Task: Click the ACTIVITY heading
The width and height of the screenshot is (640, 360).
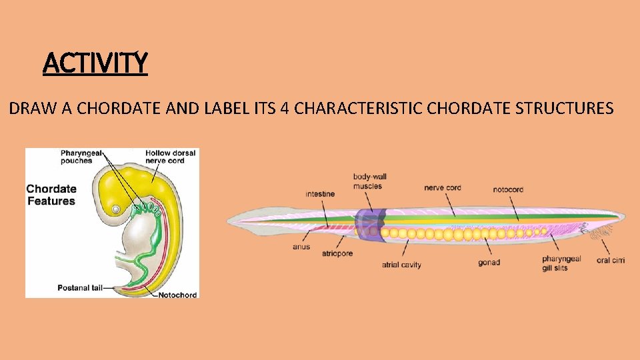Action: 95,63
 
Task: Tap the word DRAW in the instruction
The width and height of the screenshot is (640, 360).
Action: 27,108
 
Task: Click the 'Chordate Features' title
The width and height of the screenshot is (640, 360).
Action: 51,195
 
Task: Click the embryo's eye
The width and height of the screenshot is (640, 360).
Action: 116,209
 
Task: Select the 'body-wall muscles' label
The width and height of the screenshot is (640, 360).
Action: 369,181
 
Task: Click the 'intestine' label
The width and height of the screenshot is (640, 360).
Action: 320,194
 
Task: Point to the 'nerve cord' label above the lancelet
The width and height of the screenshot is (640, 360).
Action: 442,188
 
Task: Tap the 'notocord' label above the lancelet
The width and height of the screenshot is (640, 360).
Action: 508,189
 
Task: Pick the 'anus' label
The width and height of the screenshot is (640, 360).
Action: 301,247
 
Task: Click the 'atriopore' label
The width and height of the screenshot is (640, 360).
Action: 337,254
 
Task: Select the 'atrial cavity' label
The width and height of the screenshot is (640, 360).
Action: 401,265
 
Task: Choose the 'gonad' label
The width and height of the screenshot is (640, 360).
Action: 489,263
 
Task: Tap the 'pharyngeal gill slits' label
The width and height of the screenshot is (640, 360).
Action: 561,263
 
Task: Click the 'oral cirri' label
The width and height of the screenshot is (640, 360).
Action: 611,260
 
